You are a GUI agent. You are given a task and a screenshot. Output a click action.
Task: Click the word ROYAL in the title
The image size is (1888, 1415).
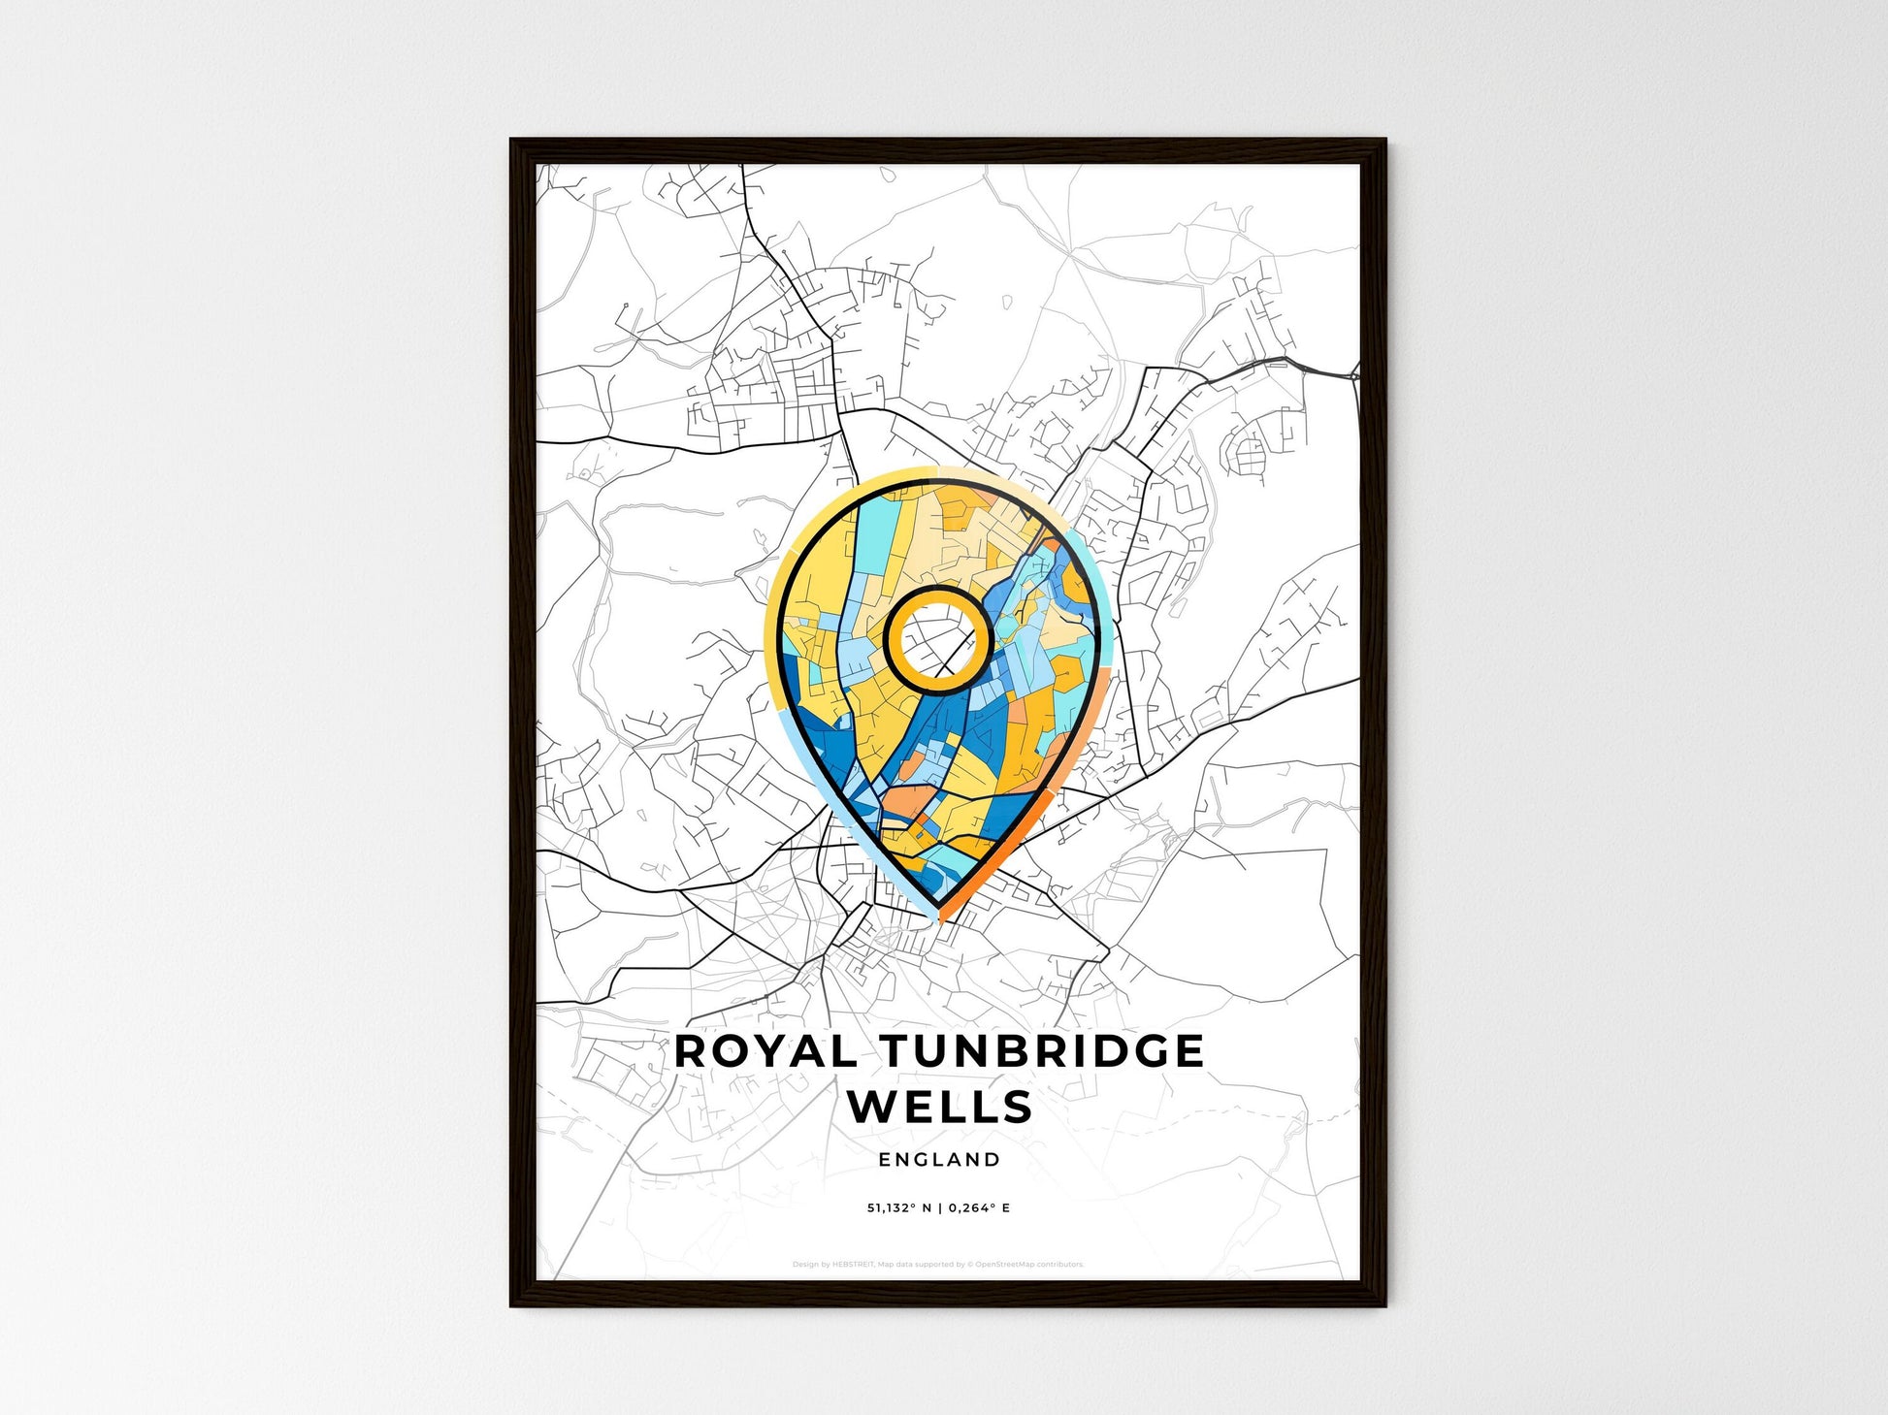(x=765, y=1051)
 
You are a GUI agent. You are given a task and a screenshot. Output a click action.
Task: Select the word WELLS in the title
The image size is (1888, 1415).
(x=939, y=1107)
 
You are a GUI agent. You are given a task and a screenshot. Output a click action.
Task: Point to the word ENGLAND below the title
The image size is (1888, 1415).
(x=939, y=1159)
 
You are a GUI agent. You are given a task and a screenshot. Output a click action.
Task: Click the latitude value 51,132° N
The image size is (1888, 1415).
(x=899, y=1208)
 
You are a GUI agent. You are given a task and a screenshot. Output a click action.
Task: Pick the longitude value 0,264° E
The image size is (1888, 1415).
(x=980, y=1208)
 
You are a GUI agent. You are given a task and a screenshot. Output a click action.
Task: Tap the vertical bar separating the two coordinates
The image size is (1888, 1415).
(x=940, y=1208)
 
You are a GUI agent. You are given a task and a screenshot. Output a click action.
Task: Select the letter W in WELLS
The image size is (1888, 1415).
(x=872, y=1107)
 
